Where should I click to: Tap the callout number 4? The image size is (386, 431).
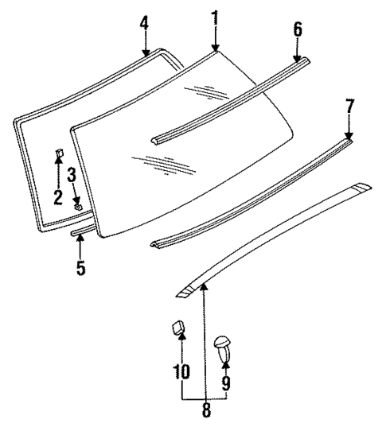tap(144, 23)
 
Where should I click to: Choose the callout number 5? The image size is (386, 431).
tap(80, 268)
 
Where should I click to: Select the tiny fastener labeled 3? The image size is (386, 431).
tap(78, 206)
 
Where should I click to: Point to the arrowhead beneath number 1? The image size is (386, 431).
tap(215, 50)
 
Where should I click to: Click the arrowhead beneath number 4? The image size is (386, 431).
tap(145, 54)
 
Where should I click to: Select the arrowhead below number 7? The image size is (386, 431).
tap(349, 137)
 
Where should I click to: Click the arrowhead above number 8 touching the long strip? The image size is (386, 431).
tap(203, 285)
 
